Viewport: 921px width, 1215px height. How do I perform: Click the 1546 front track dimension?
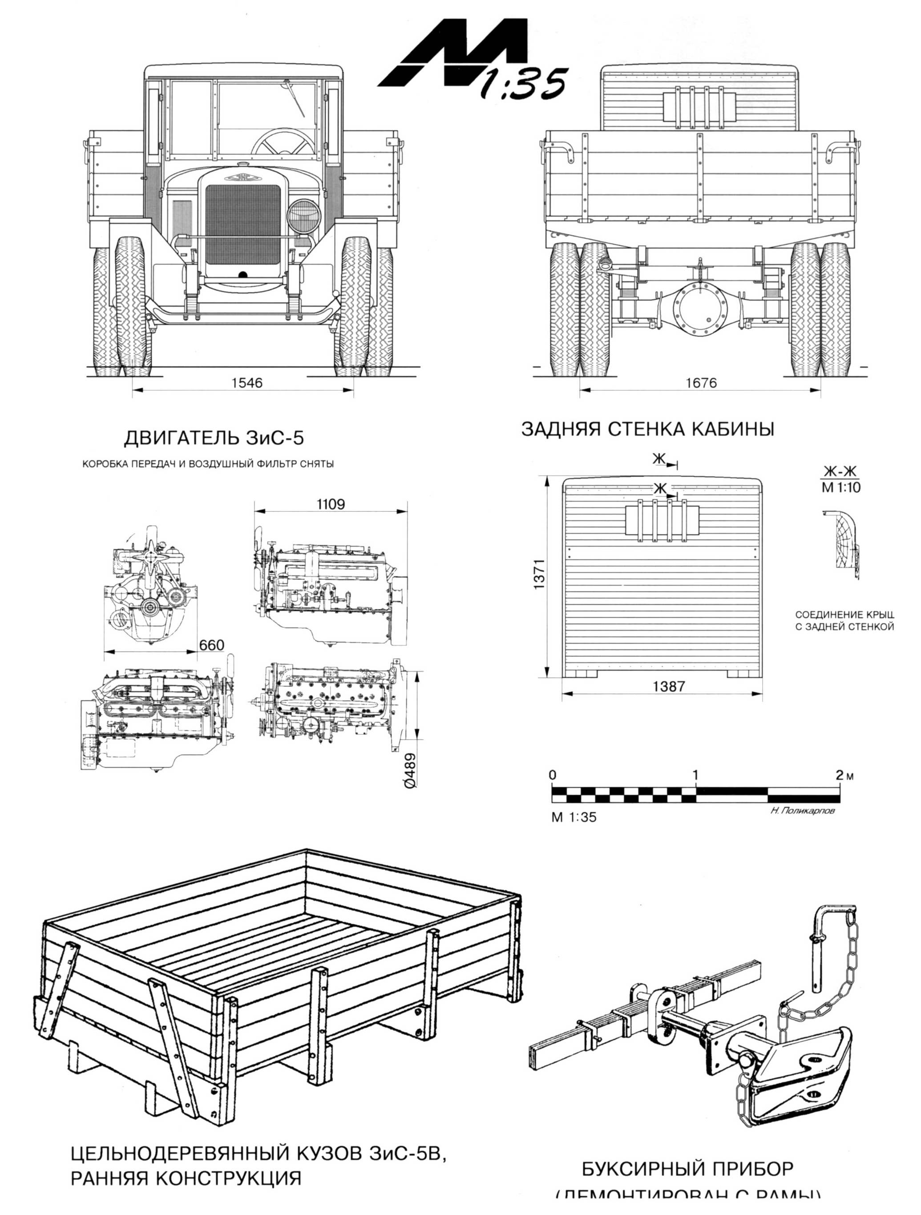pos(246,382)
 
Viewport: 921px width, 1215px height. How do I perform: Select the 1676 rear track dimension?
pos(701,382)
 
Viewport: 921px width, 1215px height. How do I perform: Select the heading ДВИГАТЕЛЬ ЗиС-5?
pos(214,438)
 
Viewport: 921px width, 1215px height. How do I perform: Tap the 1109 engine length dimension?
pos(331,504)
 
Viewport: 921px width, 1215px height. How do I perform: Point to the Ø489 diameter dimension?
pos(410,770)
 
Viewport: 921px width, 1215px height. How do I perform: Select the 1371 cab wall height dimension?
pos(539,575)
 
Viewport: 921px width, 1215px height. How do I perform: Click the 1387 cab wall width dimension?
pos(668,686)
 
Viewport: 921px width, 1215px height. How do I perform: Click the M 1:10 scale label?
pos(841,487)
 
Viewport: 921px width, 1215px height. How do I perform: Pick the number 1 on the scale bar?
pos(695,775)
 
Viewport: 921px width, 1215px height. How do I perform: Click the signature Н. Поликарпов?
pos(802,810)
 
